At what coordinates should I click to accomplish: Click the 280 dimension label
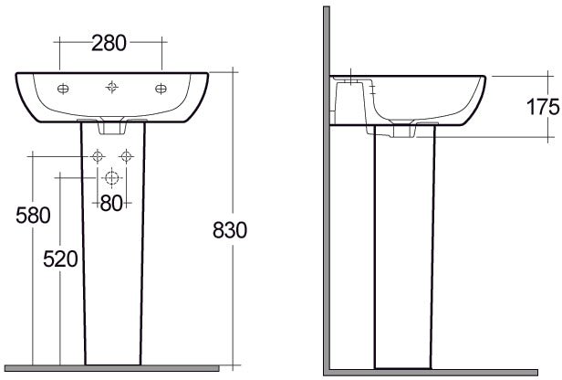coord(109,43)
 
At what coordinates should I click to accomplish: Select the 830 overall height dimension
coord(230,230)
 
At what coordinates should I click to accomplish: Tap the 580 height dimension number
coord(33,216)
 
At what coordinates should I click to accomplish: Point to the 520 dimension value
coord(60,259)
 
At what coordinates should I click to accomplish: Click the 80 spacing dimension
coord(111,203)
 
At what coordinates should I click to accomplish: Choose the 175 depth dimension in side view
coord(543,107)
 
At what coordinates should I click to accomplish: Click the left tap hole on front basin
coord(63,89)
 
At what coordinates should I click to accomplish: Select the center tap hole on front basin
coord(112,87)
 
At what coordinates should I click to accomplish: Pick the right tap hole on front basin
coord(161,89)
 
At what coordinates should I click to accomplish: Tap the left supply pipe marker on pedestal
coord(97,156)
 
